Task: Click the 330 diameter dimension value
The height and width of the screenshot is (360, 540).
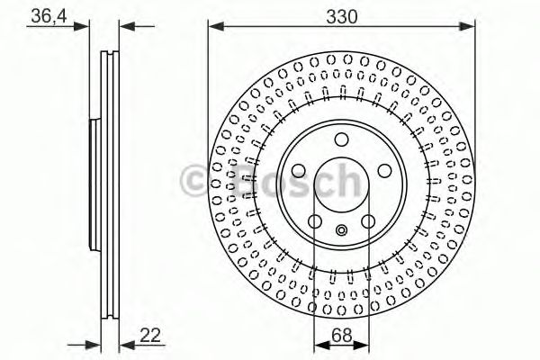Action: point(341,16)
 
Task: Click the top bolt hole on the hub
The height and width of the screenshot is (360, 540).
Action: point(341,139)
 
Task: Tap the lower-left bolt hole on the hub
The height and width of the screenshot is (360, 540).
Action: point(315,221)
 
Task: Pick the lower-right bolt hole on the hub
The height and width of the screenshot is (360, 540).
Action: point(367,221)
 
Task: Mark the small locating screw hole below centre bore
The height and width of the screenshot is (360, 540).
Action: point(341,230)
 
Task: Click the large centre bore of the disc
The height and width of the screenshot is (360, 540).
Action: point(341,184)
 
